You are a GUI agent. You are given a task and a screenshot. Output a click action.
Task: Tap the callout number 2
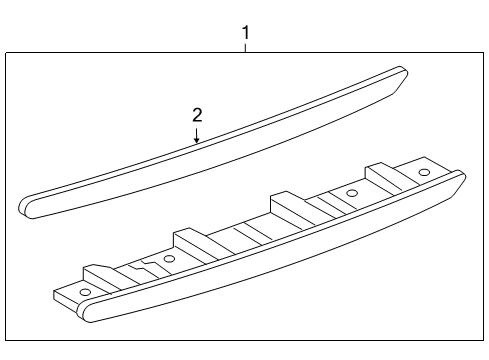click(197, 115)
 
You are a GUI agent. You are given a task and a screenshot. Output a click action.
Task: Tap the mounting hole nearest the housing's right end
click(424, 173)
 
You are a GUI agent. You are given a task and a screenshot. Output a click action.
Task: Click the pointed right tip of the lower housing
click(462, 177)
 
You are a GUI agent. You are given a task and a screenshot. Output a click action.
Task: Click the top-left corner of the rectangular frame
click(6, 53)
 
